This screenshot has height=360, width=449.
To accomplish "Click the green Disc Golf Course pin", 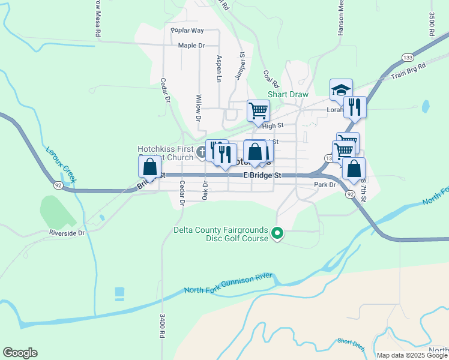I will [x=277, y=233].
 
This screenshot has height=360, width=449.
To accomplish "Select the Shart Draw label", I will [x=288, y=94].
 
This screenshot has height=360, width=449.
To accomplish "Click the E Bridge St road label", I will [x=262, y=175].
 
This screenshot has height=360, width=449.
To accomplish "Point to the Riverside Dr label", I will [x=68, y=232].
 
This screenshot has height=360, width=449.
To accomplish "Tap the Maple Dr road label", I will [x=191, y=45].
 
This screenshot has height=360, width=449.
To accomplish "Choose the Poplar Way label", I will [x=187, y=30].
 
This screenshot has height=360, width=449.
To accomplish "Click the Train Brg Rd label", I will [x=408, y=71].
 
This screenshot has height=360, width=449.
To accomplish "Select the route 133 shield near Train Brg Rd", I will [x=407, y=56].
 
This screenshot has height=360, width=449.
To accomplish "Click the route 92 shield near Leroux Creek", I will [x=58, y=186].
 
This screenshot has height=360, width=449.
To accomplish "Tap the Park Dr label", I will [x=325, y=185].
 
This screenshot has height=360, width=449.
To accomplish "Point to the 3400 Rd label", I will [x=162, y=326].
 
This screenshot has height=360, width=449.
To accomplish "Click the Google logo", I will [x=20, y=353].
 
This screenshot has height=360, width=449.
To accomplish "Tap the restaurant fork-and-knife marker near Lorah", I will [x=355, y=107].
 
